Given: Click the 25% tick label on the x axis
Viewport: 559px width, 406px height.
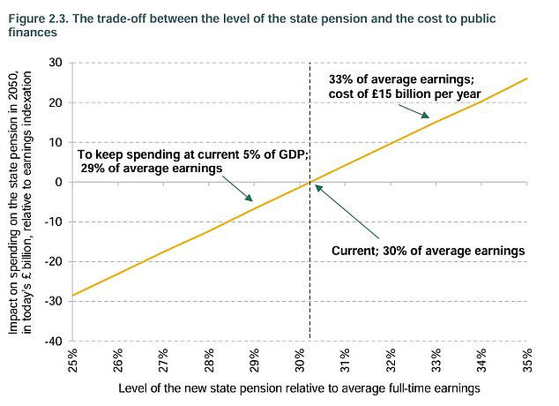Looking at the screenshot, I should (x=73, y=362).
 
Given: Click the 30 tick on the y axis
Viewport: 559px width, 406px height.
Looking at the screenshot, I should (x=55, y=63).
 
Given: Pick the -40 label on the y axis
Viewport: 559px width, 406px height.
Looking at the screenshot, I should (x=52, y=341).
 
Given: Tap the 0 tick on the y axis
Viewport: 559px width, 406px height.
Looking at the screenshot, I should (x=58, y=182).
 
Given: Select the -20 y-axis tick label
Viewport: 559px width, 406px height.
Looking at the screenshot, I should (x=52, y=261).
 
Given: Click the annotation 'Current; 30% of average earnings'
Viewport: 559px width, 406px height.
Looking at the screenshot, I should (x=428, y=250).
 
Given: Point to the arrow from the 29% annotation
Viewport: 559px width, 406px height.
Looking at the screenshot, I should (x=239, y=188).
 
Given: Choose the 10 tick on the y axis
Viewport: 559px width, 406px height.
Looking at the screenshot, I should (x=55, y=142).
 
